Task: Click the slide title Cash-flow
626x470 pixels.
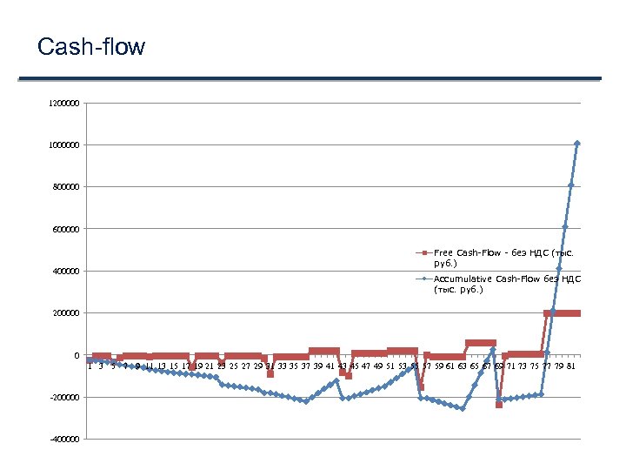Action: pyautogui.click(x=91, y=46)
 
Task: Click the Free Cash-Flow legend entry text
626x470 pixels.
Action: pyautogui.click(x=503, y=257)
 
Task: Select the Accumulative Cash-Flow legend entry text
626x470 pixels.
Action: pyautogui.click(x=507, y=284)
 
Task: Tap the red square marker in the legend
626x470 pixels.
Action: pyautogui.click(x=424, y=252)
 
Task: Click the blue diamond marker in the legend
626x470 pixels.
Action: pyautogui.click(x=424, y=279)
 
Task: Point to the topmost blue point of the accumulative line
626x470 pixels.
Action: pyautogui.click(x=577, y=144)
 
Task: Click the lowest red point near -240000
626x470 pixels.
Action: pyautogui.click(x=499, y=405)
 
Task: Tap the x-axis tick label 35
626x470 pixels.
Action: pyautogui.click(x=294, y=366)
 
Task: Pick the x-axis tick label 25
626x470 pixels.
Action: pyautogui.click(x=234, y=366)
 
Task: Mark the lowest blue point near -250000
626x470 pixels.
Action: pyautogui.click(x=463, y=408)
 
